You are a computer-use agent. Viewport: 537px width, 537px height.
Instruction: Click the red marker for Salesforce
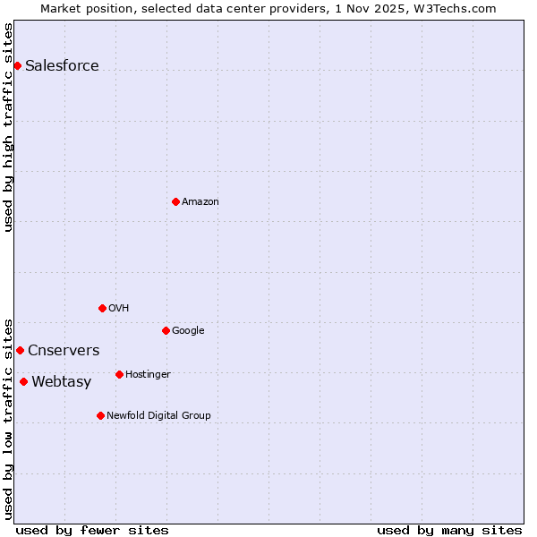click(x=17, y=65)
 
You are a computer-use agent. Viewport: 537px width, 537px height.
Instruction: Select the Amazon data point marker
click(x=175, y=201)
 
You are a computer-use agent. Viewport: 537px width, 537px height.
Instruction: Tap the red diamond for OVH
click(x=102, y=308)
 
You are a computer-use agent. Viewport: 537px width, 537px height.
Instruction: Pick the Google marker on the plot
click(x=166, y=330)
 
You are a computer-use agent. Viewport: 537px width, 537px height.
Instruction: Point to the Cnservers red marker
click(x=20, y=350)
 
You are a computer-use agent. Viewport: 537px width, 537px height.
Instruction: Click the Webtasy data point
click(x=23, y=381)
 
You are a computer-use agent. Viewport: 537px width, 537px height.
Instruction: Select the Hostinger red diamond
click(x=119, y=374)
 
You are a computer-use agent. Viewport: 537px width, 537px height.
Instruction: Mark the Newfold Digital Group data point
click(x=100, y=415)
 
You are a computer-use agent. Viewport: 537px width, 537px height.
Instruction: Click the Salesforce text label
click(x=62, y=65)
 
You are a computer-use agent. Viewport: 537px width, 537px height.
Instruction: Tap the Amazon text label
click(x=200, y=201)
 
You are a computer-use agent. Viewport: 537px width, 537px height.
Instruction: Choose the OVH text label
click(x=119, y=308)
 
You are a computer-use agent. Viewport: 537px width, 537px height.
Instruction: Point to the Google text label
click(x=188, y=330)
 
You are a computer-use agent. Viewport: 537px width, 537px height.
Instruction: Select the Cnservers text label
click(x=64, y=350)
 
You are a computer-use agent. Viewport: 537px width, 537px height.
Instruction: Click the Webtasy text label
click(x=61, y=382)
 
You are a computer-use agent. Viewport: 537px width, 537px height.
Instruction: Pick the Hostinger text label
click(x=148, y=374)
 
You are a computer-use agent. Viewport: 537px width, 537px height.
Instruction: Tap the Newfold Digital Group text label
click(x=158, y=415)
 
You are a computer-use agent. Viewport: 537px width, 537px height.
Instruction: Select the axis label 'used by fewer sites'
click(x=92, y=530)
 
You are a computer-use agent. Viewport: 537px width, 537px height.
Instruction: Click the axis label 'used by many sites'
click(x=449, y=530)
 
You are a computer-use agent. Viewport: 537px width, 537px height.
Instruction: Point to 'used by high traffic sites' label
click(x=8, y=127)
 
